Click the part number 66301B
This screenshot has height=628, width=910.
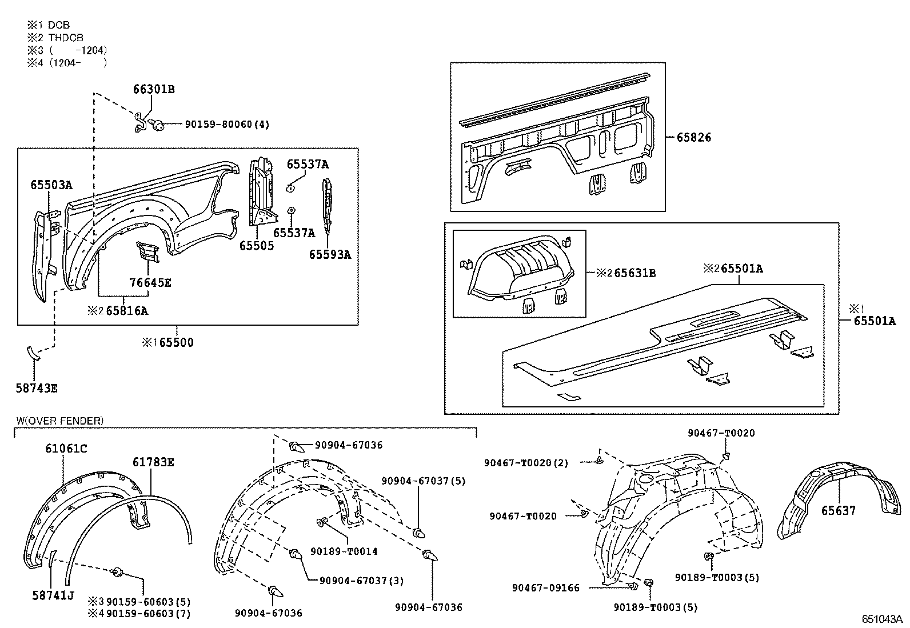pos(153,90)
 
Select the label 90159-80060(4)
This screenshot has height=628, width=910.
pos(227,124)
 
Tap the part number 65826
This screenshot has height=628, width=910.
pos(694,137)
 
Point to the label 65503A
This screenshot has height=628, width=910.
pos(51,185)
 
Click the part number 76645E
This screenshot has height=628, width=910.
pos(150,283)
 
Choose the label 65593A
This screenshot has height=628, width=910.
pos(330,255)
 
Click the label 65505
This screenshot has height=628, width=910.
pos(256,246)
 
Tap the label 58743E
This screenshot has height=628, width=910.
pos(36,389)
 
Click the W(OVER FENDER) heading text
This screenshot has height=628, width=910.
pos(59,421)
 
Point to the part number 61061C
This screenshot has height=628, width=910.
pos(66,449)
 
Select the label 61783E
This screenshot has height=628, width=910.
pos(153,462)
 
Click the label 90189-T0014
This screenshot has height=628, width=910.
pos(344,551)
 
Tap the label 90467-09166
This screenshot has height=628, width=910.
pos(545,587)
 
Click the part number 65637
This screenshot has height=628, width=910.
pos(839,510)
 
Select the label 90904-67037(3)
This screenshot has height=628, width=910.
pos(361,581)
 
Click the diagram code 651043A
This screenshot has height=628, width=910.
pos(882,619)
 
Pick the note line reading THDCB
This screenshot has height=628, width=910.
pos(66,38)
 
